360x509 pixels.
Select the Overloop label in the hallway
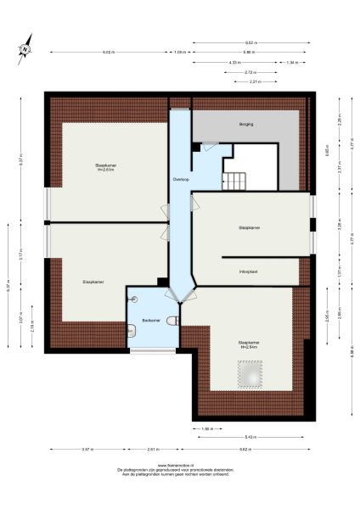click(180, 179)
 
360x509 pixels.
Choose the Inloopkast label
click(248, 271)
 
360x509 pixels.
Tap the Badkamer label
click(152, 319)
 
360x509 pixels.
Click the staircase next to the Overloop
click(233, 181)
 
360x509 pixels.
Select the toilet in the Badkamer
click(172, 321)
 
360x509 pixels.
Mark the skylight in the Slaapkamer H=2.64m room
click(250, 372)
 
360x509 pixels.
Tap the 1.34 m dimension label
click(291, 62)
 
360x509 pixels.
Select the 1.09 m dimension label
click(179, 53)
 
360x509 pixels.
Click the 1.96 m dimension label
click(206, 428)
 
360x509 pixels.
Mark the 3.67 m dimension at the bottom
click(87, 449)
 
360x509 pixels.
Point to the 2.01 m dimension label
click(152, 449)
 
